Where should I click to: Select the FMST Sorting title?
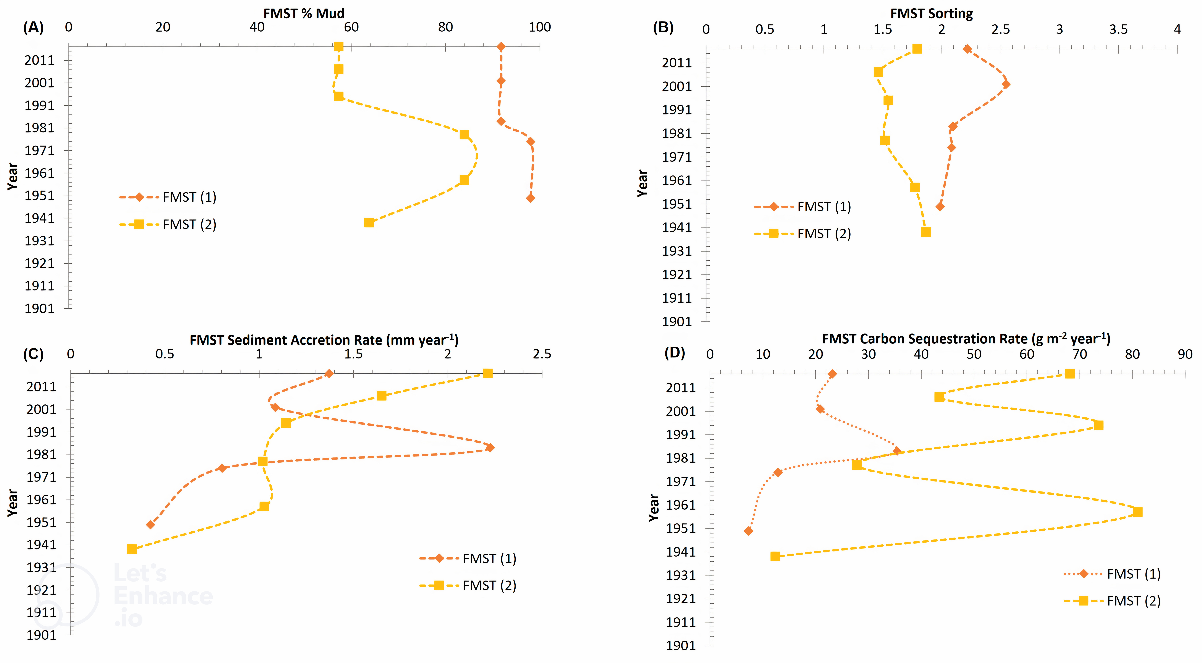point(931,13)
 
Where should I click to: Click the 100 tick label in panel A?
point(539,27)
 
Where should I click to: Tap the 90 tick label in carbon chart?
point(1185,354)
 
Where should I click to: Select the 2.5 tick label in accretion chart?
point(542,354)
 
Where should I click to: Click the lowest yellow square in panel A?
point(369,223)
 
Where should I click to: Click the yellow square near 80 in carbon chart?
point(1138,512)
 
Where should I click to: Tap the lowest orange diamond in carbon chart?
point(748,531)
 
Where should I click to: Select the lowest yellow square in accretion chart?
point(132,549)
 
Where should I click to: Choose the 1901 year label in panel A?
point(40,308)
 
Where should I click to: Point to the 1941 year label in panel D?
point(680,552)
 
